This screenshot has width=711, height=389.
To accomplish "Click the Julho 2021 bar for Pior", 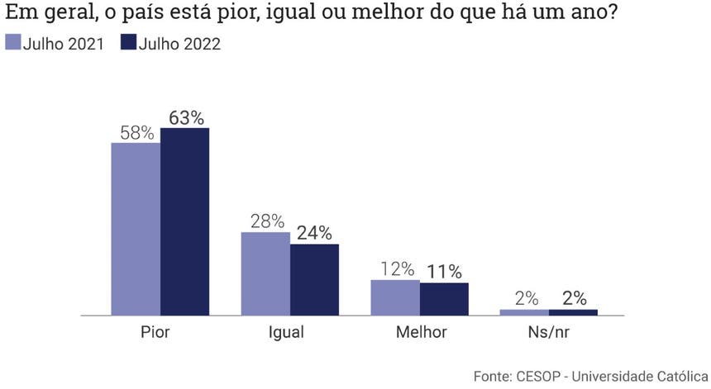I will pos(136,229).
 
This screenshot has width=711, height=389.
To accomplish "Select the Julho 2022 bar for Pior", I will pos(184,221).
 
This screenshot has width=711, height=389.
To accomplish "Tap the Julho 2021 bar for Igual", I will pos(265,273).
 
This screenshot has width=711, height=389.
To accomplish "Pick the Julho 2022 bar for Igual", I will pos(314,279).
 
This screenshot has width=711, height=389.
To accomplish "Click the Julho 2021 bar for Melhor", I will pos(394,297).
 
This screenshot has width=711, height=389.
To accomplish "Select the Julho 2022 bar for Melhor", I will pos(444,299).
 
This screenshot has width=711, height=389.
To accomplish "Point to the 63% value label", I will pos(186,117).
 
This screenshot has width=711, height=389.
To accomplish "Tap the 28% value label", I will pos(266,221).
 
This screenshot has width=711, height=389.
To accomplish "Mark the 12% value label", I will pos(396,269).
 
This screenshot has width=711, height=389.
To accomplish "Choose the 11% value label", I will pos(445,272).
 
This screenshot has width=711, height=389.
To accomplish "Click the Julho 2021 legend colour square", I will pos(12,43).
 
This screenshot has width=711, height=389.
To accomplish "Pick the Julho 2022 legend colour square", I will pos(128,43).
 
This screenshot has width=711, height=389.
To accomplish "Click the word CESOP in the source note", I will pos(542,376).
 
